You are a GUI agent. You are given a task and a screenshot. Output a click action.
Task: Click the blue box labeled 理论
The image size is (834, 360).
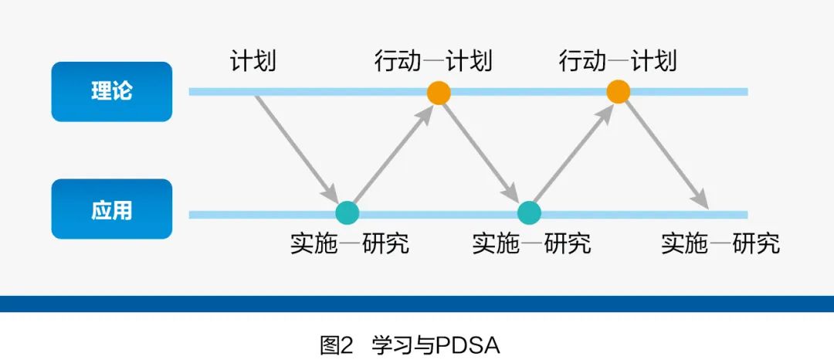(x=111, y=91)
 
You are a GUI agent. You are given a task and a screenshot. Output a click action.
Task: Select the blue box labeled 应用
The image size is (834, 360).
(x=111, y=209)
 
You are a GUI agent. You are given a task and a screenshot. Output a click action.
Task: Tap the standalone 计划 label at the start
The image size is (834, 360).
(x=253, y=61)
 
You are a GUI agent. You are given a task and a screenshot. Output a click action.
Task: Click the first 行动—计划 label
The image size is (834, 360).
(x=433, y=61)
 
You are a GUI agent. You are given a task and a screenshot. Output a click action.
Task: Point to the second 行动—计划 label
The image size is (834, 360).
(x=617, y=61)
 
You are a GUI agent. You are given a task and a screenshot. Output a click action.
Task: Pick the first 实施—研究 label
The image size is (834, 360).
(x=349, y=244)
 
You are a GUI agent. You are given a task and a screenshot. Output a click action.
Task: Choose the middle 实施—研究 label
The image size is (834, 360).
(x=531, y=244)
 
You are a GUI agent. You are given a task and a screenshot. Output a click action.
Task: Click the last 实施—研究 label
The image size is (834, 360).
(x=720, y=244)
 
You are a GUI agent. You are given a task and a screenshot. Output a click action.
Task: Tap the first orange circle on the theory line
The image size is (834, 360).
(x=439, y=93)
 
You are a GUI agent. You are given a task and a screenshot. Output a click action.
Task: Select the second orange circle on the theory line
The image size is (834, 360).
(x=618, y=91)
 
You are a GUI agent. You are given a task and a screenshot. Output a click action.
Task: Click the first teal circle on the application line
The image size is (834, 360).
(x=347, y=212)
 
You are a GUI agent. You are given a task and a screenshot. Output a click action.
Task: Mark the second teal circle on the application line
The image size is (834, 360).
(x=529, y=212)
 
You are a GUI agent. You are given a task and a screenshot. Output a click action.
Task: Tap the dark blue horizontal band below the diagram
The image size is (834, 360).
(x=417, y=304)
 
